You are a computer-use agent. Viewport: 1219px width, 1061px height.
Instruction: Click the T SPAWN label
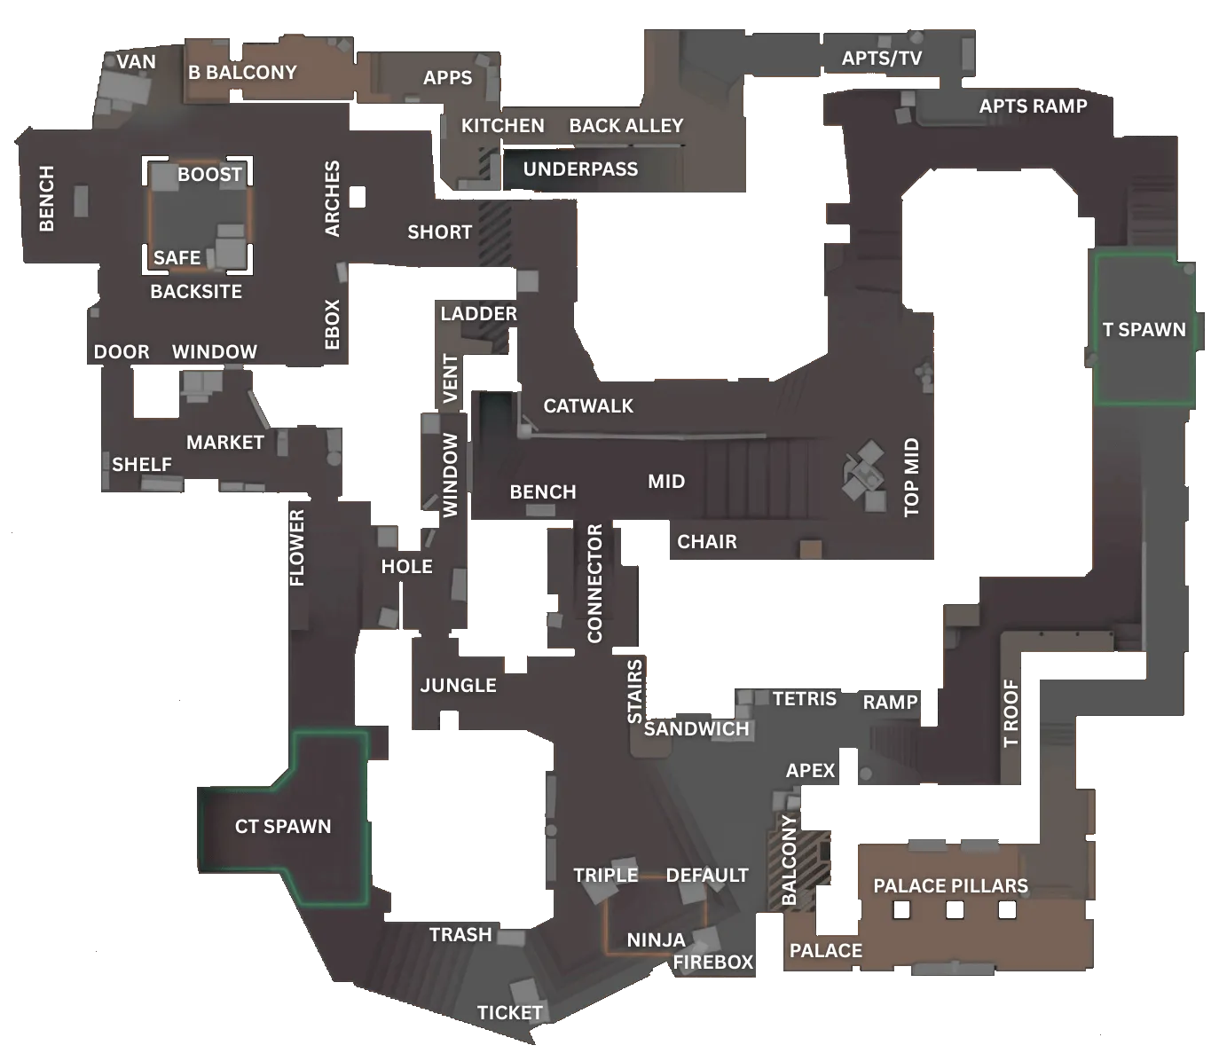tap(1144, 330)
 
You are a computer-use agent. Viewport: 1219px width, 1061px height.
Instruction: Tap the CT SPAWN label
tap(283, 827)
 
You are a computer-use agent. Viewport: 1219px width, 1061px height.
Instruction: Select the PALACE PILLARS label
tap(950, 886)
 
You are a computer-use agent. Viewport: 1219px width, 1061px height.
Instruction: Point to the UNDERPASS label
tap(580, 169)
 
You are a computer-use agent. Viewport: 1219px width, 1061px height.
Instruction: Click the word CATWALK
tap(588, 406)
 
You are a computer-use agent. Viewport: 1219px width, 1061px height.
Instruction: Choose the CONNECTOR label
tap(594, 583)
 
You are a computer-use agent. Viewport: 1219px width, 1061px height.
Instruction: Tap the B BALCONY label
tap(242, 73)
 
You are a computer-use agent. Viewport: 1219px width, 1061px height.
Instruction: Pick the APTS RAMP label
tap(1033, 106)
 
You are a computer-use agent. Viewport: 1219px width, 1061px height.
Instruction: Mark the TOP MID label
tap(911, 476)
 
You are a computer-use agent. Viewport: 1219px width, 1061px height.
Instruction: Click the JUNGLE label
tap(458, 685)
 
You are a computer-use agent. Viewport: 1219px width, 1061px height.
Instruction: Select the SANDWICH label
tap(696, 729)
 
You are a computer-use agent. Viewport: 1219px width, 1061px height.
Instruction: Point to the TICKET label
tap(509, 1013)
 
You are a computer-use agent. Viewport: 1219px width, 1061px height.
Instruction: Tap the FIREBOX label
tap(713, 963)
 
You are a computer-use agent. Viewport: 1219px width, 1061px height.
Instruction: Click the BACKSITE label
tap(196, 292)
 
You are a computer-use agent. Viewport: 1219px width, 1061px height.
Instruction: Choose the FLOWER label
tap(297, 547)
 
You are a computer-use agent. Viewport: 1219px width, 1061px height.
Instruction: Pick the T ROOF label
tap(1011, 713)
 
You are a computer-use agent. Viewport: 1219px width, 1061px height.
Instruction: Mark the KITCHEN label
tap(502, 126)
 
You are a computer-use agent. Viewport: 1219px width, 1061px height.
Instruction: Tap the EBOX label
tap(333, 324)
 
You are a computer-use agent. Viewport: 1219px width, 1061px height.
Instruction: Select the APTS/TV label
tap(881, 59)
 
